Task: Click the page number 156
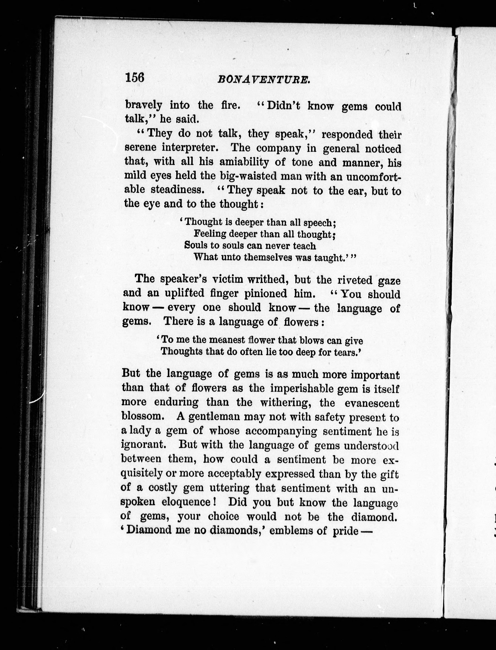(x=135, y=78)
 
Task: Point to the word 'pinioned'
(x=266, y=293)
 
